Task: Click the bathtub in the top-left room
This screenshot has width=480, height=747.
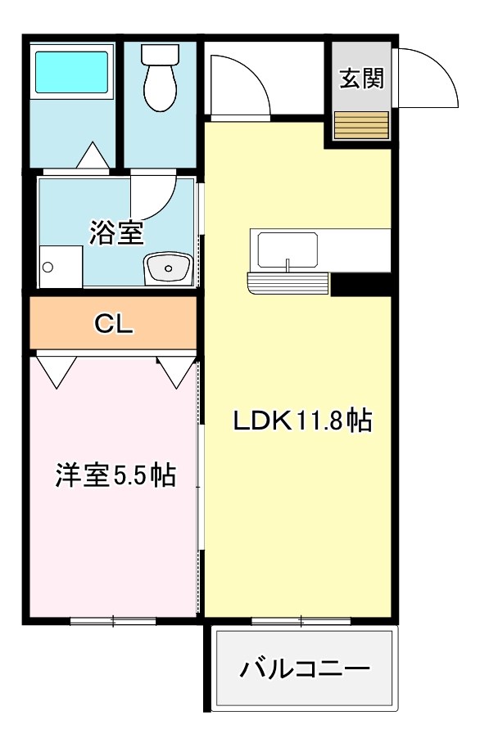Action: (x=71, y=72)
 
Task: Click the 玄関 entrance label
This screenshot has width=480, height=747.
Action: (x=362, y=79)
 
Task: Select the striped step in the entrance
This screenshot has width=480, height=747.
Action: (x=361, y=125)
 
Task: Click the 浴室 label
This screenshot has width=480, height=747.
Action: (x=116, y=233)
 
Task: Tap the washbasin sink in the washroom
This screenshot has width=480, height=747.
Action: (x=168, y=268)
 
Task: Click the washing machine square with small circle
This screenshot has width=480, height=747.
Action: (x=61, y=267)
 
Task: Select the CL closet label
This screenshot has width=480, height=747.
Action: (x=114, y=324)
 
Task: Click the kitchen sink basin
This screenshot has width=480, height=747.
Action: (x=288, y=250)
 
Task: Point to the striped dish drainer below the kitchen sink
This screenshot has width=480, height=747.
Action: (x=288, y=282)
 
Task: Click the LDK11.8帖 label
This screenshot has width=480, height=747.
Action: (x=302, y=421)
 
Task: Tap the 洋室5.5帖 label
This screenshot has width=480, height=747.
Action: (x=116, y=475)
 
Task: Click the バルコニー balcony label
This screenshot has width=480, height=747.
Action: (x=305, y=669)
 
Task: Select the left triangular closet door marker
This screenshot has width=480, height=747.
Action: (x=57, y=371)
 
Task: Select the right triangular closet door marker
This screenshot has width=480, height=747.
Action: (x=177, y=371)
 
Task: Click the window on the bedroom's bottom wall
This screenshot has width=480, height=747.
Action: (x=113, y=620)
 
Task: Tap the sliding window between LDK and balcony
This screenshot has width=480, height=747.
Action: (x=301, y=620)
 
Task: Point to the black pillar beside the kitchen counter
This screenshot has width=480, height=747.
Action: (x=362, y=284)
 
